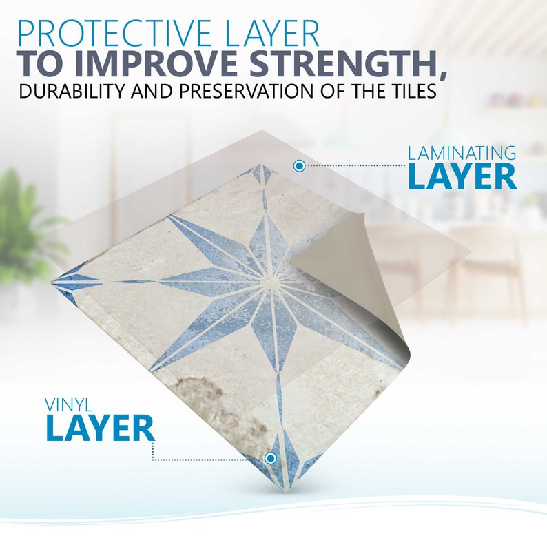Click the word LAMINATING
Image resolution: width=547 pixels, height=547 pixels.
(462, 152)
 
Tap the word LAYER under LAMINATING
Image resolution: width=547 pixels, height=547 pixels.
(462, 176)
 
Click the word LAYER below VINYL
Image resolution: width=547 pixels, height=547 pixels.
(100, 428)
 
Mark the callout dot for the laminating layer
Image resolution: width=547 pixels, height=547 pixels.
(299, 165)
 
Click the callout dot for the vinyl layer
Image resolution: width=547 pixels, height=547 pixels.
(271, 458)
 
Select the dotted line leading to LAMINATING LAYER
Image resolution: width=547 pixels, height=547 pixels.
(355, 165)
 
